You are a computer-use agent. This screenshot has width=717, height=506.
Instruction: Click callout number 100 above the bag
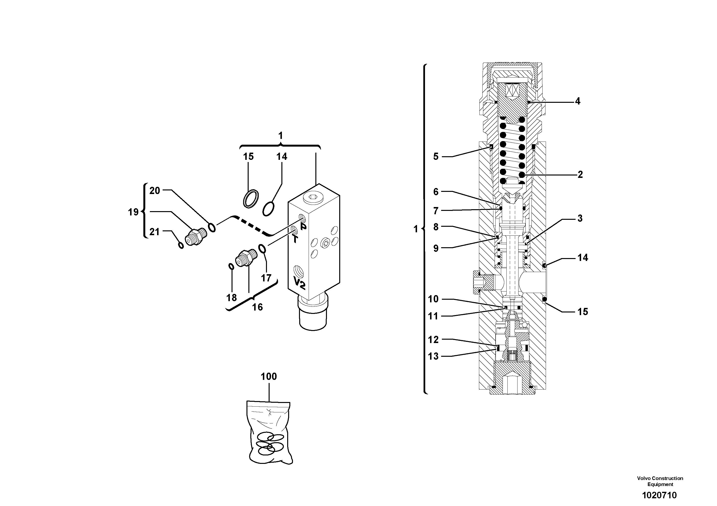click(269, 376)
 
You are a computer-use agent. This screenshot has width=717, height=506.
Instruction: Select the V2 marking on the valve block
click(299, 283)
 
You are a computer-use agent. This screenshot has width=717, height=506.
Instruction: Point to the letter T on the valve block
click(295, 239)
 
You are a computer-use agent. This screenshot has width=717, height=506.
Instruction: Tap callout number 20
click(155, 191)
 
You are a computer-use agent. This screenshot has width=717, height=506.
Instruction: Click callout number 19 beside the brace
click(133, 212)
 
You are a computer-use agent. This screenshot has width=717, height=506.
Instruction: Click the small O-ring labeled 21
click(181, 246)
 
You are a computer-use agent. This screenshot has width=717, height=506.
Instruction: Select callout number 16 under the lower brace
click(257, 307)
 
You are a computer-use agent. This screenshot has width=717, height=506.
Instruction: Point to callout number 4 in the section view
click(578, 101)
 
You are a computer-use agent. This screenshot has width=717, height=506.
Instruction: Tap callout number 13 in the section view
click(433, 356)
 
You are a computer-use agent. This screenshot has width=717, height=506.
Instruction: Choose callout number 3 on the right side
click(580, 218)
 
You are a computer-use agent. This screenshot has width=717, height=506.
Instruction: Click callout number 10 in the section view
click(433, 299)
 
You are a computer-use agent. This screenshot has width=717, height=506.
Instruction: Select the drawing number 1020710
click(659, 495)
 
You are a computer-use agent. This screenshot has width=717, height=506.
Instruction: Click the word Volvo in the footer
click(643, 478)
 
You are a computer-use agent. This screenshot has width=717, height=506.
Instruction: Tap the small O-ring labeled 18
click(231, 267)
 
